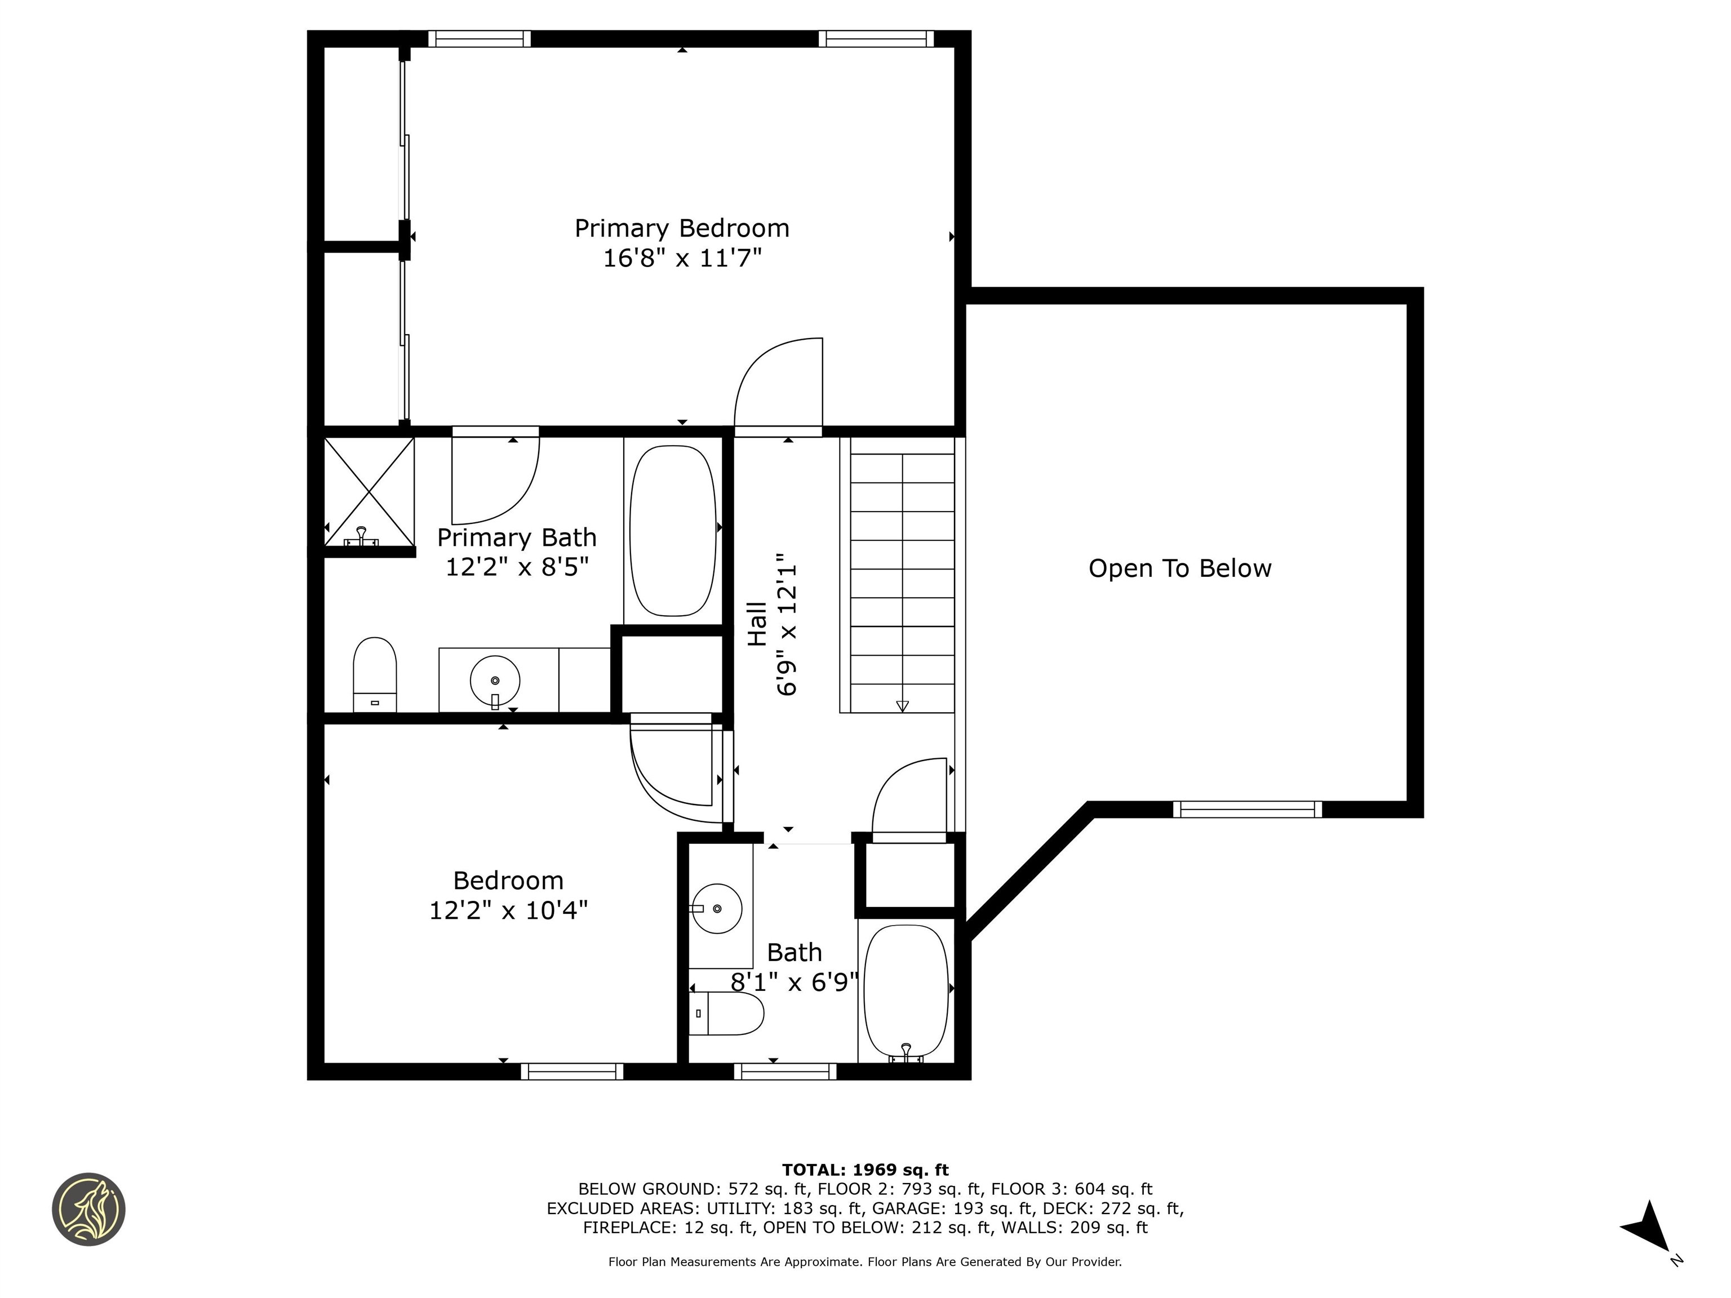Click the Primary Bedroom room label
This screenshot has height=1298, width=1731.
(682, 229)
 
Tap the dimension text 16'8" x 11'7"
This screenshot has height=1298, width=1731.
(682, 258)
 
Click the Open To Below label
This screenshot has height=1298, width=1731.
(1179, 569)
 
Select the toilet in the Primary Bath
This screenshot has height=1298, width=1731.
(375, 674)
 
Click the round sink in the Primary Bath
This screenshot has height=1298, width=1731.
(495, 681)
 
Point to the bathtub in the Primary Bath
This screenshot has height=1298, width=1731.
(672, 531)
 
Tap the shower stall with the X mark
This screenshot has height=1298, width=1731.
(369, 491)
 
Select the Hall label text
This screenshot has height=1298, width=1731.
(757, 624)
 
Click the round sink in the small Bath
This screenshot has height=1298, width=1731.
(717, 908)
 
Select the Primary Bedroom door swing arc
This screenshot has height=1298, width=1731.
(777, 384)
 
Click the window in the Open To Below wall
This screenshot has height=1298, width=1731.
(1248, 809)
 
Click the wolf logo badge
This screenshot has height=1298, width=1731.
(88, 1209)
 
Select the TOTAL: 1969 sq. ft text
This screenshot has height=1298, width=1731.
(865, 1170)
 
